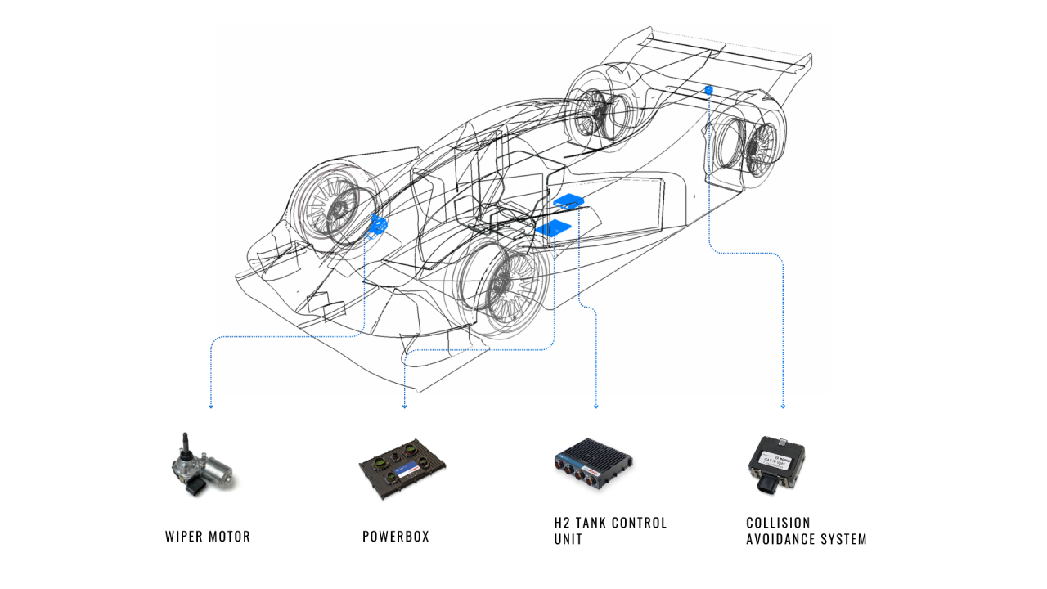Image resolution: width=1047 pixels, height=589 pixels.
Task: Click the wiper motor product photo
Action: pos(200,466)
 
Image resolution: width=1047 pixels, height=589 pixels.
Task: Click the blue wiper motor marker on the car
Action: pos(378,223)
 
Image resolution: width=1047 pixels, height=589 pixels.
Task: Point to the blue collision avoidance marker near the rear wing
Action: pos(709,88)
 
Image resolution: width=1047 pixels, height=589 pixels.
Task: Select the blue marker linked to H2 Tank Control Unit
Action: pos(568,200)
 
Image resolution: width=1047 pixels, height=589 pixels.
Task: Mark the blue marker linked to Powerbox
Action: pos(554,227)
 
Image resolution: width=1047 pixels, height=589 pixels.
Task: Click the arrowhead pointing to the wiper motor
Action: pos(211,406)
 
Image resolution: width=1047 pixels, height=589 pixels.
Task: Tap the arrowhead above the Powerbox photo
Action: pos(404,406)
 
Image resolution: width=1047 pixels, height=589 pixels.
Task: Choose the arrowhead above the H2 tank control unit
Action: pos(596,406)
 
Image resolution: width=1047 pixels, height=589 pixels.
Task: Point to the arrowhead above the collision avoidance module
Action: pos(783,406)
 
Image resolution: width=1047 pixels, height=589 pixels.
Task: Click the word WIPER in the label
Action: pos(182,537)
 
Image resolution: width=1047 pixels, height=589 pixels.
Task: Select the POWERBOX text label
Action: pos(396,537)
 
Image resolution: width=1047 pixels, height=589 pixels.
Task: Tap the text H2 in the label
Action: pos(562,523)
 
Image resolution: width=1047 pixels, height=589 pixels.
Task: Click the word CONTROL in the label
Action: pos(638,523)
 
